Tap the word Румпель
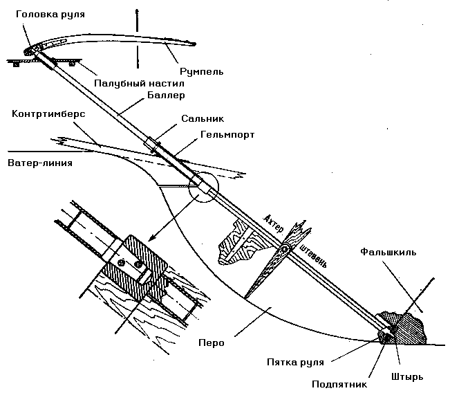(200, 71)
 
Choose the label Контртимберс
(48, 112)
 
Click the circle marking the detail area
(201, 188)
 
